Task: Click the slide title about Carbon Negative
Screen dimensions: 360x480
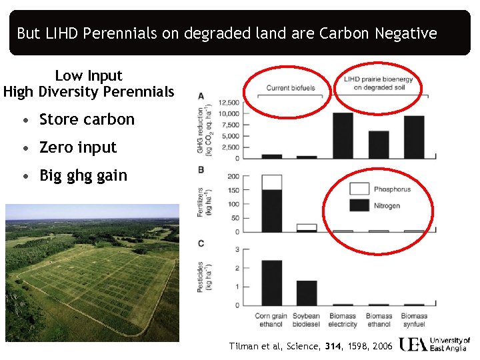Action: click(x=227, y=33)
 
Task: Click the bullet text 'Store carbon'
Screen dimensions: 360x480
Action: click(x=87, y=120)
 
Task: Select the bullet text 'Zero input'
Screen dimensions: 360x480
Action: click(x=78, y=147)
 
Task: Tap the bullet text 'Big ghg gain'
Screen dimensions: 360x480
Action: click(x=83, y=175)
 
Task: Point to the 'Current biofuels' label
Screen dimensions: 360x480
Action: click(x=291, y=88)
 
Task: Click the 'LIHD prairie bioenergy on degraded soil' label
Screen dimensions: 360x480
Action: click(x=378, y=83)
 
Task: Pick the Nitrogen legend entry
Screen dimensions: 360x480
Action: click(x=387, y=206)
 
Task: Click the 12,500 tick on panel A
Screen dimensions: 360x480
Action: click(x=229, y=103)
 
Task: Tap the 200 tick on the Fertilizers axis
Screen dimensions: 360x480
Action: click(x=233, y=177)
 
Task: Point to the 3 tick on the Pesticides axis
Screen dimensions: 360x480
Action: click(x=237, y=249)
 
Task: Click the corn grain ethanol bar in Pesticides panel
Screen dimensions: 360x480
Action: click(x=271, y=282)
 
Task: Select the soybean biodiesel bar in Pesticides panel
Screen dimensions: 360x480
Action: click(x=307, y=293)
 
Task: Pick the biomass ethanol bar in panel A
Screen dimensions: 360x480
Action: click(x=378, y=144)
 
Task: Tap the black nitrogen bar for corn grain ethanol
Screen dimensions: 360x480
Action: click(x=271, y=211)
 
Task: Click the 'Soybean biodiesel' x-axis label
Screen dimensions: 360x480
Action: click(x=307, y=320)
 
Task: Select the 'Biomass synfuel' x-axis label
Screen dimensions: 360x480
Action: click(x=413, y=320)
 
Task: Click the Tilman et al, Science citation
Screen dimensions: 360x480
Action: click(x=311, y=346)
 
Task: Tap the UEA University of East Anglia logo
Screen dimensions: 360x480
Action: click(x=435, y=345)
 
